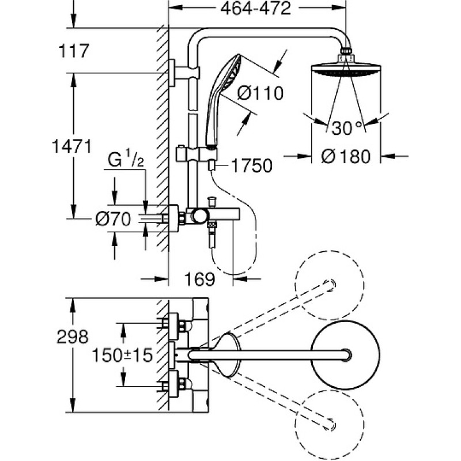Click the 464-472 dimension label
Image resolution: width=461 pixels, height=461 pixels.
click(255, 9)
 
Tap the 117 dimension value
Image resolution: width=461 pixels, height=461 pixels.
click(74, 51)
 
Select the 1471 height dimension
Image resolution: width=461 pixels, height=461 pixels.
click(71, 146)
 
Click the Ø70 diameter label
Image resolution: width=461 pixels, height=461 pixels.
click(113, 219)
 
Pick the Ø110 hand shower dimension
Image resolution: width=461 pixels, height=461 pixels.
click(260, 93)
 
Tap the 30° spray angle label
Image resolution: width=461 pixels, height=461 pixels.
click(346, 127)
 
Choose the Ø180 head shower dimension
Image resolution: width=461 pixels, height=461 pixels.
click(346, 156)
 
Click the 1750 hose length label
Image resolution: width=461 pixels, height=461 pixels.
click(252, 165)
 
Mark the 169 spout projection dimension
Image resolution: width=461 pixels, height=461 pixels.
click(199, 279)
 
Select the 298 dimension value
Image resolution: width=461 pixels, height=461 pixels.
click(73, 337)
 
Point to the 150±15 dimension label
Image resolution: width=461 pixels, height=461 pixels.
click(122, 355)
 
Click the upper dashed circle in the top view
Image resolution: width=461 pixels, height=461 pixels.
click(329, 285)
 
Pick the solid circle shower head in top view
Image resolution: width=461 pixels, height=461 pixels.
click(345, 355)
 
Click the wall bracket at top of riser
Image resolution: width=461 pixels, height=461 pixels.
click(184, 73)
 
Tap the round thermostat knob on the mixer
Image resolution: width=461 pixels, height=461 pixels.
click(199, 217)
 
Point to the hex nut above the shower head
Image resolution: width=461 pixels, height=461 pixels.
click(346, 55)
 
